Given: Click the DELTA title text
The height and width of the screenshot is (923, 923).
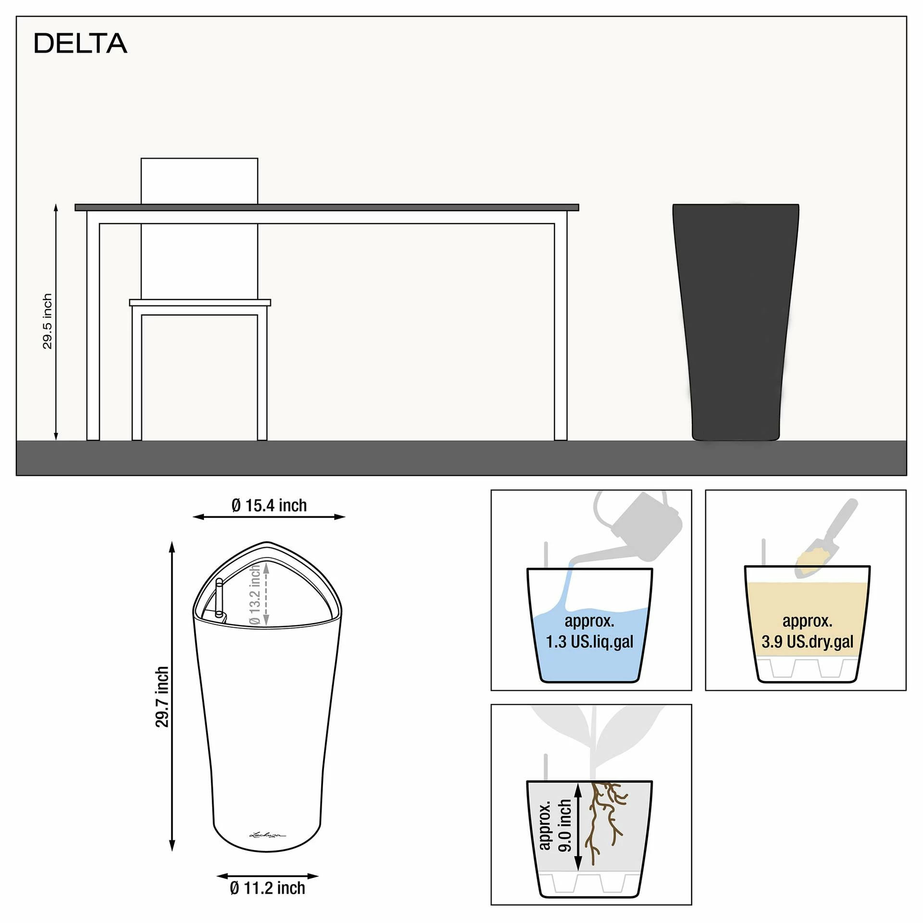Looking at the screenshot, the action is click(x=80, y=43).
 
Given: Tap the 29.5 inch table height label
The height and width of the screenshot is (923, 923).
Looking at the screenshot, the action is click(x=47, y=321).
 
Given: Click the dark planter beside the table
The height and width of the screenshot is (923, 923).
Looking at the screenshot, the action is click(x=736, y=322).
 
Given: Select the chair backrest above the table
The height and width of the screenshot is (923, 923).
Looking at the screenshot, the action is click(x=199, y=181).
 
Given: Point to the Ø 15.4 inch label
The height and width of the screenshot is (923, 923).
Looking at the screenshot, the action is click(x=269, y=505).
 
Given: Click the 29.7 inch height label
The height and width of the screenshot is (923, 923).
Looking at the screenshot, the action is click(x=162, y=697).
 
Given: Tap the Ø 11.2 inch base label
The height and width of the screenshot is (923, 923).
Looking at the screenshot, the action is click(x=267, y=888).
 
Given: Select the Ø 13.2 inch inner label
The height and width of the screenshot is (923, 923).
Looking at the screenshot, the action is click(x=255, y=595).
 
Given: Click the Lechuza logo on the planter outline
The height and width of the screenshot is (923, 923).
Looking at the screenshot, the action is click(x=267, y=835).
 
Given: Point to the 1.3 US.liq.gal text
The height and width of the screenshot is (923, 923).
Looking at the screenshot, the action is click(x=590, y=642).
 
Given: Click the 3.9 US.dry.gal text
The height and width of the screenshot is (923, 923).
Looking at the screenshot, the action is click(x=808, y=642).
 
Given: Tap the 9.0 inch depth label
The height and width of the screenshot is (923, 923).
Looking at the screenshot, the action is click(x=564, y=825).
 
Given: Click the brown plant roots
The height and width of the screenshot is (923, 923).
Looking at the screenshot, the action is click(x=606, y=822).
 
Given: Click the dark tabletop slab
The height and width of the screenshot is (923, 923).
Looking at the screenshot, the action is click(x=327, y=207).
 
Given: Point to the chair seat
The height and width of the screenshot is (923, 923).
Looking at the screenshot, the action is click(x=200, y=302).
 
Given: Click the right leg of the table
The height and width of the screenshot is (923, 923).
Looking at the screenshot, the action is click(x=561, y=332).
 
